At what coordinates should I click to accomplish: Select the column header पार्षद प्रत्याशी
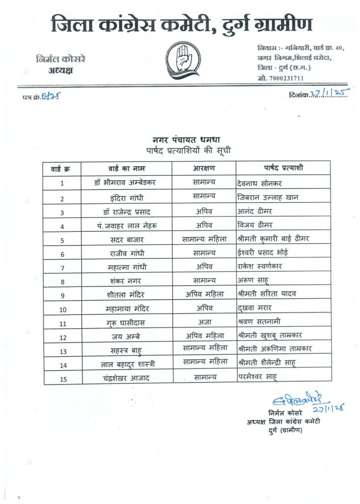(276, 168)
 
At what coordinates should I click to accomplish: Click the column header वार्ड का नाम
(126, 168)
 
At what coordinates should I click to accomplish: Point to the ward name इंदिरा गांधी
(126, 198)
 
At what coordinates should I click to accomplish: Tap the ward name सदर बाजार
(126, 240)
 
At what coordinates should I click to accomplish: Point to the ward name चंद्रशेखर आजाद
(126, 378)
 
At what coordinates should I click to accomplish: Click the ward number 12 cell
(62, 337)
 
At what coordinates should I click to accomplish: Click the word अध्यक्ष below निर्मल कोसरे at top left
(60, 70)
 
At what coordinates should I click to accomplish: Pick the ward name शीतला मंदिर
(126, 295)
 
